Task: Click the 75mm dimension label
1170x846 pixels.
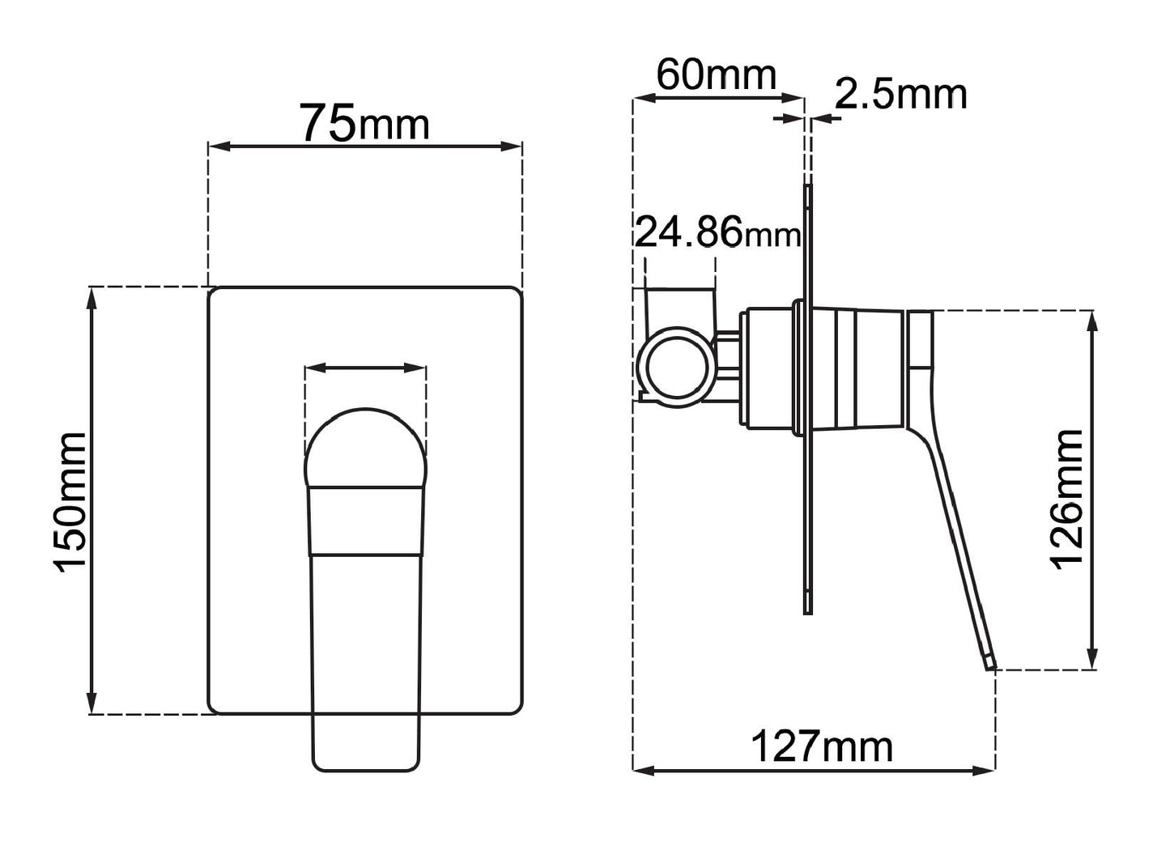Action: tap(364, 123)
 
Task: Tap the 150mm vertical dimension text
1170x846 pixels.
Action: tap(71, 502)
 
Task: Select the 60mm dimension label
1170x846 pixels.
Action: tap(716, 75)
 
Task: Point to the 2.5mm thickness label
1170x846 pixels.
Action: tap(900, 95)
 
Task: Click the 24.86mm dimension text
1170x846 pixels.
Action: tap(717, 234)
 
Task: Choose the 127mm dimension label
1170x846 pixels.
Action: tap(821, 746)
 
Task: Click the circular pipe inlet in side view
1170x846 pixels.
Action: tap(677, 363)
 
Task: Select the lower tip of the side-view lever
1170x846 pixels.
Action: tap(989, 662)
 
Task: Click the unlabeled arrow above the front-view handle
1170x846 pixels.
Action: tap(365, 368)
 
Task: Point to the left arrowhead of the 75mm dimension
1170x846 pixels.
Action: tap(217, 147)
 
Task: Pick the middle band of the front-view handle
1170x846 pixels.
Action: tap(366, 521)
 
